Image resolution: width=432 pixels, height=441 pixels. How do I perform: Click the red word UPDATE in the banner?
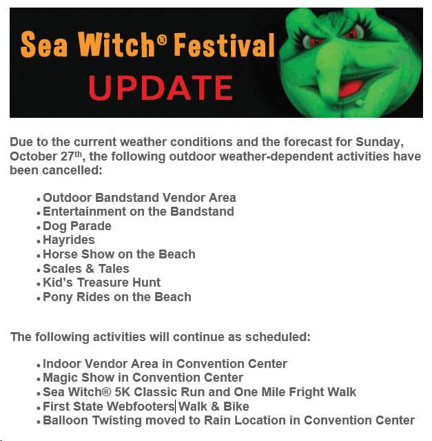[161, 88]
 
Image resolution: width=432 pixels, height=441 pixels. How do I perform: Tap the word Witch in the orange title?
[116, 44]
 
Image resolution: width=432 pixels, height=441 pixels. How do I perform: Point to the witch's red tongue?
[349, 88]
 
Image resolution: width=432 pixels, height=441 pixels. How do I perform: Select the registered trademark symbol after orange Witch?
[161, 40]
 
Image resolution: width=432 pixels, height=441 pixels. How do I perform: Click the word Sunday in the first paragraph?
[380, 142]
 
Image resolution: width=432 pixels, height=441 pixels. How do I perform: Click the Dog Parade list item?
[77, 226]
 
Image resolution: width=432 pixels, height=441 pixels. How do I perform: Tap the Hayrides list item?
[69, 240]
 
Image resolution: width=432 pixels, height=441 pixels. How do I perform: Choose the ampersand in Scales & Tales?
[90, 269]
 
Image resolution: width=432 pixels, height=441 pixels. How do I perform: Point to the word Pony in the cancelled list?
[58, 297]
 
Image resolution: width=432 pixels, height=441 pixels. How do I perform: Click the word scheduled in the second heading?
[278, 337]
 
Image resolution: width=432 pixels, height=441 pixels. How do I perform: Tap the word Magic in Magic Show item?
[60, 378]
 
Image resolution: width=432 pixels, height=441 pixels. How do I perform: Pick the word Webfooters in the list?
[141, 407]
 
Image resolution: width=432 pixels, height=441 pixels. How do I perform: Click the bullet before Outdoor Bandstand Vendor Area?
[39, 199]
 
